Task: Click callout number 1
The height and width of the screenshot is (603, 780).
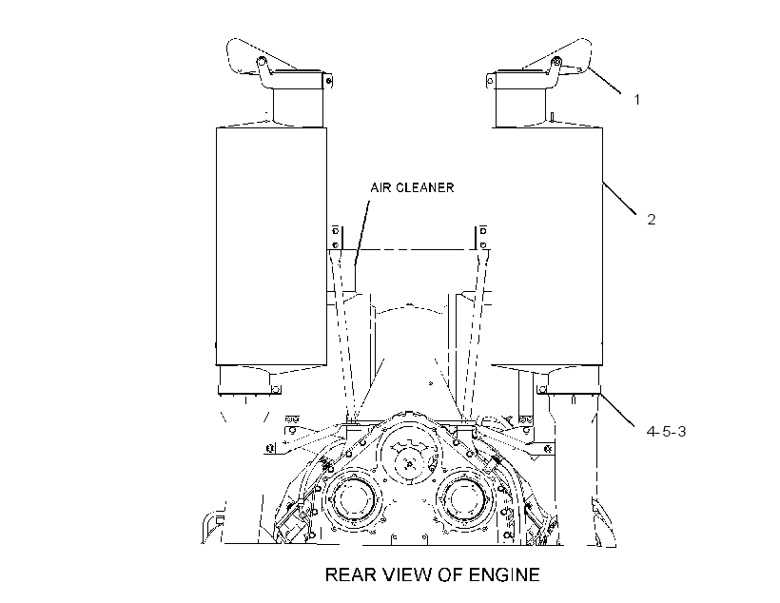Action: tap(636, 100)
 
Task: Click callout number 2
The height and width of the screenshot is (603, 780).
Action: tap(652, 220)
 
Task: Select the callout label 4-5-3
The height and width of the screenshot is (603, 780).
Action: tap(666, 432)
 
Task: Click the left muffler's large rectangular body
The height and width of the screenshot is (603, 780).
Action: tap(271, 246)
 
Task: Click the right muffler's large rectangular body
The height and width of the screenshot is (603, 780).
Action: tap(547, 246)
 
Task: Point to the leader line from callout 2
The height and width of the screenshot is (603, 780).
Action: tap(619, 199)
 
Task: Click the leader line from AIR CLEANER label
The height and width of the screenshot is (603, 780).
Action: tap(362, 232)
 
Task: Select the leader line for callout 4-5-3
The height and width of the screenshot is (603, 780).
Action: tap(617, 410)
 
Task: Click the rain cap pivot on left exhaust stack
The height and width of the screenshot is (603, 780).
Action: tap(261, 61)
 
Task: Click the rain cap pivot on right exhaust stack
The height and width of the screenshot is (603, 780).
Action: tap(557, 61)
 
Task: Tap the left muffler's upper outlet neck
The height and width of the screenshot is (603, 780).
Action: tap(298, 107)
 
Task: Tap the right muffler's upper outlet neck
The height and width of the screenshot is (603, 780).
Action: tap(520, 107)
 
